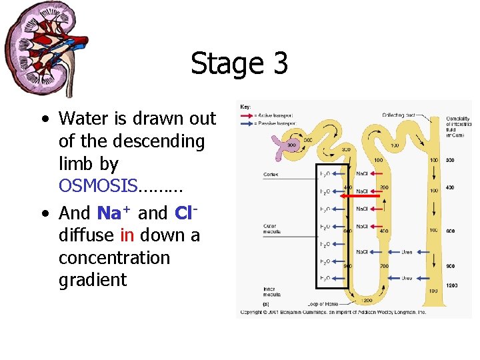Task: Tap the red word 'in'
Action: coord(127,235)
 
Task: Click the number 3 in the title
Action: coord(279,63)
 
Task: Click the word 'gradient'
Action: coord(92,280)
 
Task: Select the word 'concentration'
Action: coord(115,257)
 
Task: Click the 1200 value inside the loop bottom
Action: coord(367,300)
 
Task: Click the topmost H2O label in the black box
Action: coord(324,175)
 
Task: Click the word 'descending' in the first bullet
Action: coord(131,141)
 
